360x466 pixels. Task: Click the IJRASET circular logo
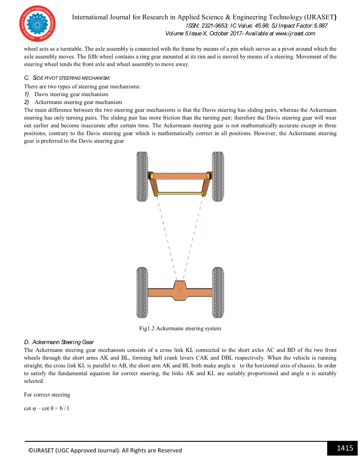[x=37, y=24]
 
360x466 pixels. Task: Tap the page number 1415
[x=344, y=448]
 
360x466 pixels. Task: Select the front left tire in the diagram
[x=142, y=176]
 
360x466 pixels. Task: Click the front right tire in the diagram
[x=218, y=176]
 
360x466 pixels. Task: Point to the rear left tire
[x=142, y=292]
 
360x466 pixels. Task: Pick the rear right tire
[x=218, y=292]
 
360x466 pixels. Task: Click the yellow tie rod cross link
[x=180, y=194]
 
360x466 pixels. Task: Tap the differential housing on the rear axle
[x=180, y=291]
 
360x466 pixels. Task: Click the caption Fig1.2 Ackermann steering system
[x=180, y=328]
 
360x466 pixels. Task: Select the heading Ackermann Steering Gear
[x=63, y=342]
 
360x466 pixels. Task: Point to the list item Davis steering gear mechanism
[x=71, y=94]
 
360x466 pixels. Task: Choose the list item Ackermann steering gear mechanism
[x=78, y=102]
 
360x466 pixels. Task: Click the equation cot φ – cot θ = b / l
[x=47, y=408]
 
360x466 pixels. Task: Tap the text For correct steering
[x=47, y=395]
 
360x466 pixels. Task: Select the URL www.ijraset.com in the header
[x=295, y=34]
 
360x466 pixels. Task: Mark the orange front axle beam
[x=180, y=176]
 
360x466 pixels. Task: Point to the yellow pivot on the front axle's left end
[x=152, y=176]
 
